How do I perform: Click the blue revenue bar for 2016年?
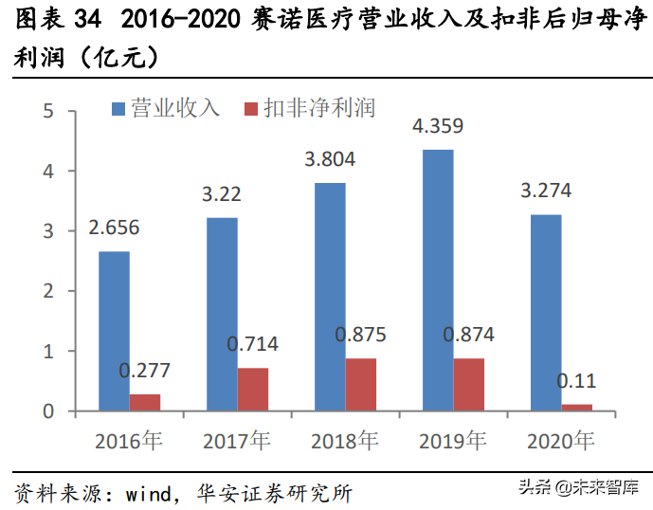tap(114, 331)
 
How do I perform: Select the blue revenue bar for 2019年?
tap(438, 280)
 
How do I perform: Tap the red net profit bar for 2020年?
tap(576, 408)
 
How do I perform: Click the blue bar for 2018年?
tap(330, 297)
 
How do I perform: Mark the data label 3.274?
tap(547, 191)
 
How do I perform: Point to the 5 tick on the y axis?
tap(47, 112)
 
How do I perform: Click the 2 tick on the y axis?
tap(47, 292)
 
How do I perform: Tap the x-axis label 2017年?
tap(236, 441)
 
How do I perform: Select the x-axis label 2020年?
tap(560, 441)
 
